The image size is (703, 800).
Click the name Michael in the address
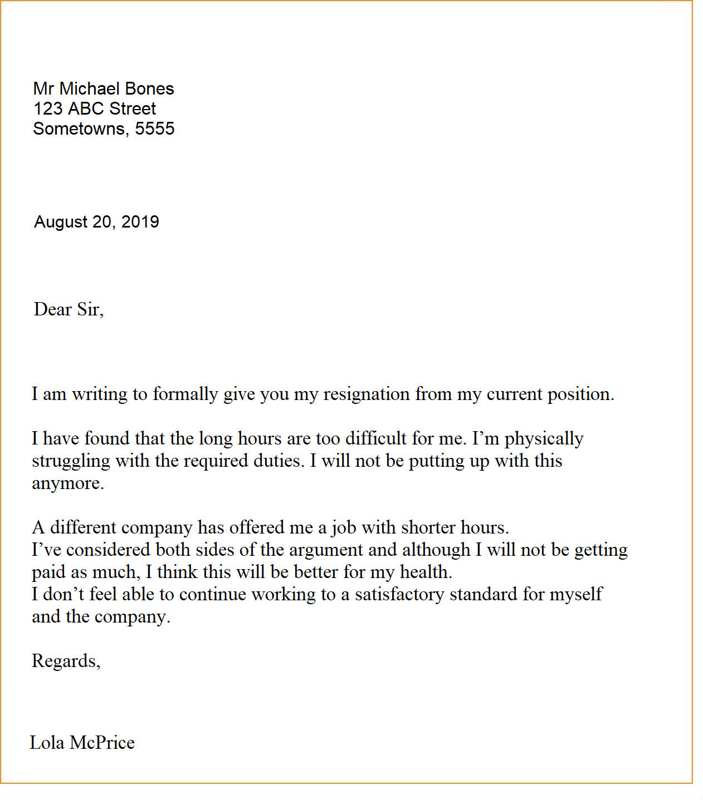click(89, 88)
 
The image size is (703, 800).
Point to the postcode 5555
click(155, 129)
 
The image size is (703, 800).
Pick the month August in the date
click(61, 222)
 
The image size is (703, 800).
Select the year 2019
click(140, 222)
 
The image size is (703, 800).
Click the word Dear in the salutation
click(53, 309)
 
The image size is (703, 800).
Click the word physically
click(544, 439)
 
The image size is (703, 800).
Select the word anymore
click(67, 483)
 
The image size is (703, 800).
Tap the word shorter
click(428, 527)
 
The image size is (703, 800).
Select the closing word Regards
click(65, 661)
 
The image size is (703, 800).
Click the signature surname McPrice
click(102, 743)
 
